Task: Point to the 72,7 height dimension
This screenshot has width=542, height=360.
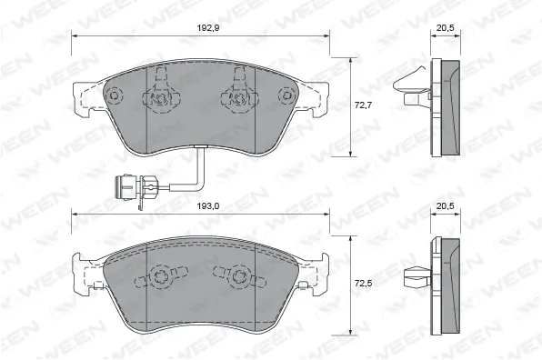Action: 363,106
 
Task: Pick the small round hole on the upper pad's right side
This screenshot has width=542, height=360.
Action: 286,93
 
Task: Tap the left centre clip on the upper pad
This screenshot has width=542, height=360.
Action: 161,94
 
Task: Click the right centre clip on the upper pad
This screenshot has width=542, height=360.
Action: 238,94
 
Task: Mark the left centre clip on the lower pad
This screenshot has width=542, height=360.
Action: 161,274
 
